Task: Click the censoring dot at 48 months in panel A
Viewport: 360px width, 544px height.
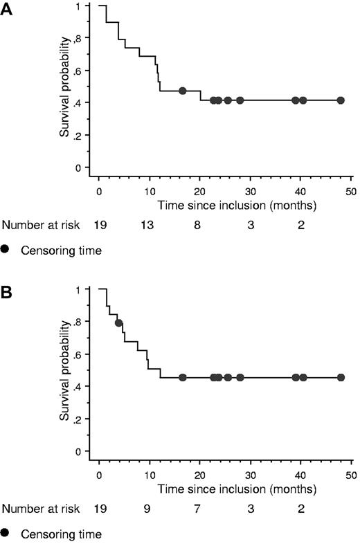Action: click(341, 100)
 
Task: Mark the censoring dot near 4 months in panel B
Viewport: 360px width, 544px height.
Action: click(119, 323)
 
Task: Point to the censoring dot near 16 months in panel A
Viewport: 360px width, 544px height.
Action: click(183, 91)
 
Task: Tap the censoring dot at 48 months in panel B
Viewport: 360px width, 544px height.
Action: click(341, 377)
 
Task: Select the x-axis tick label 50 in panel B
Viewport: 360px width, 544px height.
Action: click(351, 475)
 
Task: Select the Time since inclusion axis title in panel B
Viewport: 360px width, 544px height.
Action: click(237, 489)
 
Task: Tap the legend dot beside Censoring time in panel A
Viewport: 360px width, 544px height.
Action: click(7, 251)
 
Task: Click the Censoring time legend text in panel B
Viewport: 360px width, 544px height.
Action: click(62, 534)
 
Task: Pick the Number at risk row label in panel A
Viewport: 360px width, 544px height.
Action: click(42, 225)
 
